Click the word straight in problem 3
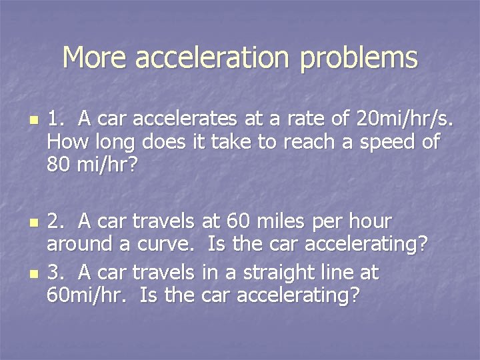[289, 273]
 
